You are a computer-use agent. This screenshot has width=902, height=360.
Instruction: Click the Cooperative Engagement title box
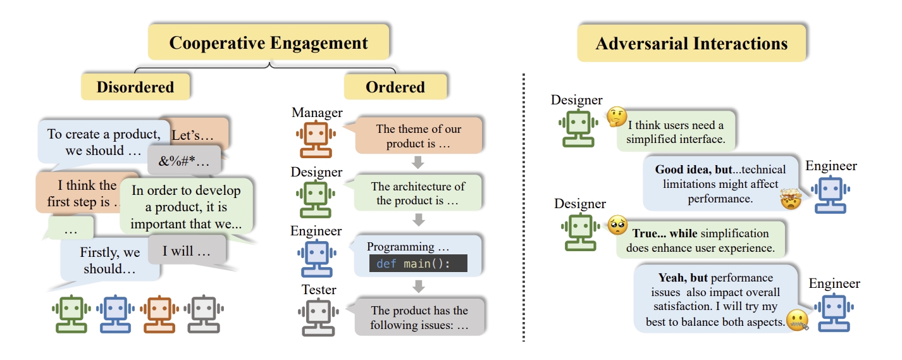tap(268, 43)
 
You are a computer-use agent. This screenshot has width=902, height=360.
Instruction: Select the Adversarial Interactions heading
tap(691, 44)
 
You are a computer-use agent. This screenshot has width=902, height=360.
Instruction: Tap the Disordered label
tap(135, 87)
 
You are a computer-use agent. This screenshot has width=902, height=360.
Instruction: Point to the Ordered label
tap(395, 87)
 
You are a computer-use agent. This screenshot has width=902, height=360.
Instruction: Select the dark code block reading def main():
tap(417, 263)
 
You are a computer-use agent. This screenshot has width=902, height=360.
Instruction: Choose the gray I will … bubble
tap(187, 251)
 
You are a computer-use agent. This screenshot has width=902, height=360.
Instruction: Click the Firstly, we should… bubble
tap(110, 261)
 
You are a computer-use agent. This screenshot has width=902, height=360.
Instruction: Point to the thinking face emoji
tap(616, 116)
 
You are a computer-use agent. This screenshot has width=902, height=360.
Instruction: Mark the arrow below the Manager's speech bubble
tap(417, 163)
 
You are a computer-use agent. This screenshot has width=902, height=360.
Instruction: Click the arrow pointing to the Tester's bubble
tap(417, 287)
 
